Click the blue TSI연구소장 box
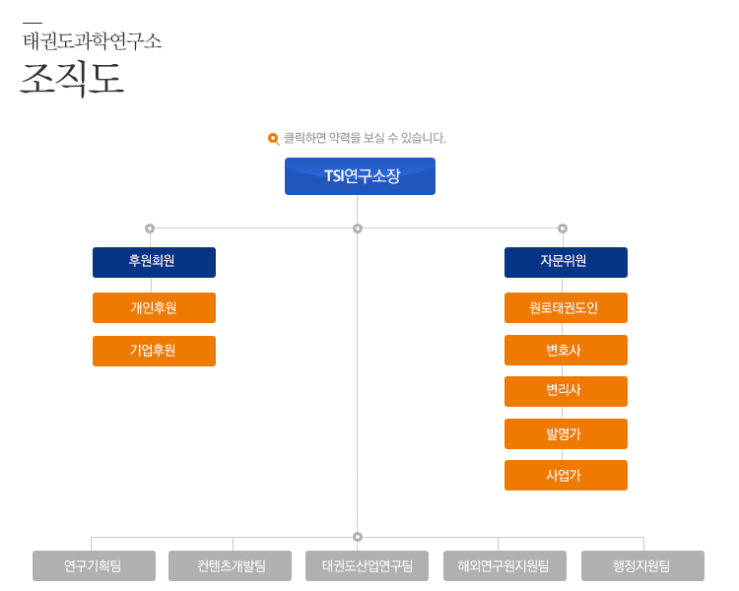coord(360,176)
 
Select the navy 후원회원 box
coord(154,263)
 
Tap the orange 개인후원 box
coord(154,307)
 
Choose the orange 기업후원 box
coord(154,351)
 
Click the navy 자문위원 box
coord(566,263)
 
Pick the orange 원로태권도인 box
coord(566,307)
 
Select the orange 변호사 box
coord(566,351)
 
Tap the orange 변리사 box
coord(566,392)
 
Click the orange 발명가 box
coord(566,434)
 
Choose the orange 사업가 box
coord(566,476)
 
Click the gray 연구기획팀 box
coord(94,566)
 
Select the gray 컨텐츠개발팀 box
coord(230,566)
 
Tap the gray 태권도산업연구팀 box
coord(368,566)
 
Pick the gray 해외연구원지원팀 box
coord(504,566)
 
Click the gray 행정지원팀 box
coord(642,566)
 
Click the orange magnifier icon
coord(273,139)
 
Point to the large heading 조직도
coord(72,78)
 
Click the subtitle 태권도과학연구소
coord(93,41)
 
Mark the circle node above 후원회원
coord(150,229)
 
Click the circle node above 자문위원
coord(563,229)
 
